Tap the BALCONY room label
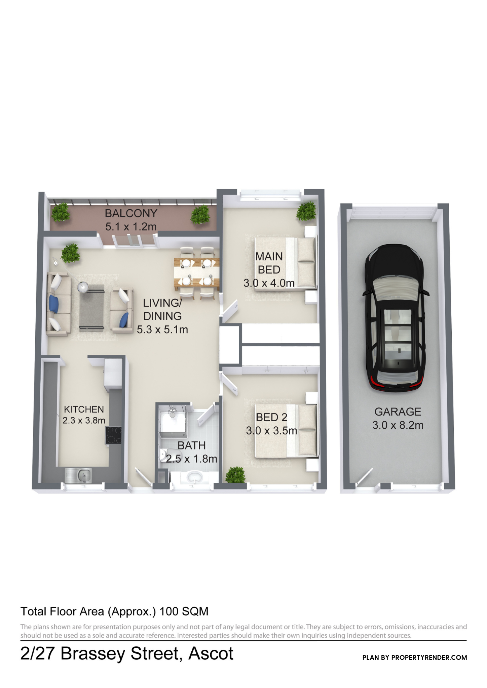(x=131, y=213)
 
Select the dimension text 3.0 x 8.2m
(x=398, y=425)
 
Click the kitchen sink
(x=78, y=475)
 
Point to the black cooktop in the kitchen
(x=113, y=435)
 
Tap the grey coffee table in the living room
(x=91, y=307)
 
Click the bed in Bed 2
(x=286, y=431)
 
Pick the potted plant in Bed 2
(x=235, y=475)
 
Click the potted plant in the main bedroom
(x=306, y=211)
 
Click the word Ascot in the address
(x=211, y=653)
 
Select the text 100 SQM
(x=184, y=611)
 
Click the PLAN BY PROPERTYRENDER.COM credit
(x=415, y=657)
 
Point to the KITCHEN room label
(x=84, y=409)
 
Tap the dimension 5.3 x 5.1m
(x=162, y=330)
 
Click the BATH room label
(x=192, y=445)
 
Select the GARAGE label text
(x=398, y=412)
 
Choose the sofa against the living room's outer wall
(x=59, y=304)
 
